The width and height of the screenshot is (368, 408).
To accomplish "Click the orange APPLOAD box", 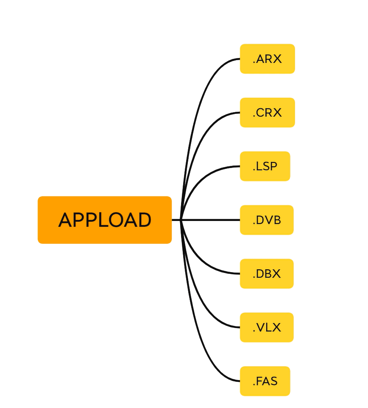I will point(104,220).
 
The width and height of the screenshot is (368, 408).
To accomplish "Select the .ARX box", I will point(267,59).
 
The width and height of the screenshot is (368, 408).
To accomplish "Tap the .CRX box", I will point(267,113).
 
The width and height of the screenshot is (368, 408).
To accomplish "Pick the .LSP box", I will point(265,166).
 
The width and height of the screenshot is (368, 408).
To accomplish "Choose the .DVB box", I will point(267,220).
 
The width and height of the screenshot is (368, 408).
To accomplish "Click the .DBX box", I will point(267,274).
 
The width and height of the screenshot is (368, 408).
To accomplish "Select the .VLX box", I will point(267,328).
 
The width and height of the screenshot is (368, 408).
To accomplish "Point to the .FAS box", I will point(265,381).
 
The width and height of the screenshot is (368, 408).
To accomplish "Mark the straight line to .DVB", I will point(212,220).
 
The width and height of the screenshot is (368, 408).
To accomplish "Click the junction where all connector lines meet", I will point(181,220).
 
